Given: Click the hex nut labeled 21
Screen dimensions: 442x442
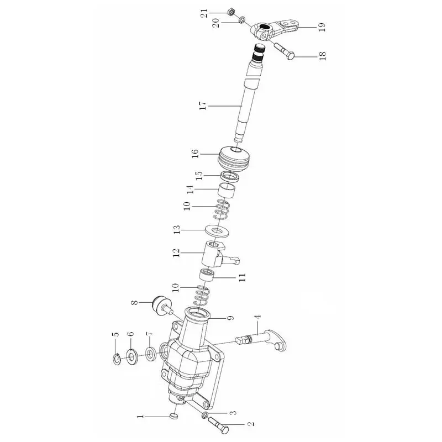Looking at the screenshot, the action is pyautogui.click(x=230, y=12).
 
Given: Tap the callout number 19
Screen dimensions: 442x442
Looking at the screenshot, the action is pyautogui.click(x=322, y=27).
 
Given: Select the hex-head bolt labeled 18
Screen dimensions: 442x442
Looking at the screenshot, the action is pyautogui.click(x=284, y=51).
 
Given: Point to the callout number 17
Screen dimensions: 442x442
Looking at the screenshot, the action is pyautogui.click(x=203, y=106).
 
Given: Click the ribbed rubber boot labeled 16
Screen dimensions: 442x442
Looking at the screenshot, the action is pyautogui.click(x=234, y=159).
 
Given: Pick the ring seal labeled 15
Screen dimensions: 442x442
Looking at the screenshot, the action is pyautogui.click(x=230, y=176).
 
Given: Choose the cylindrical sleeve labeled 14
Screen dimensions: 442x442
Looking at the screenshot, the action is pyautogui.click(x=227, y=191).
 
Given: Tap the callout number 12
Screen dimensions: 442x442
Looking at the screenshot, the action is pyautogui.click(x=176, y=252).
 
